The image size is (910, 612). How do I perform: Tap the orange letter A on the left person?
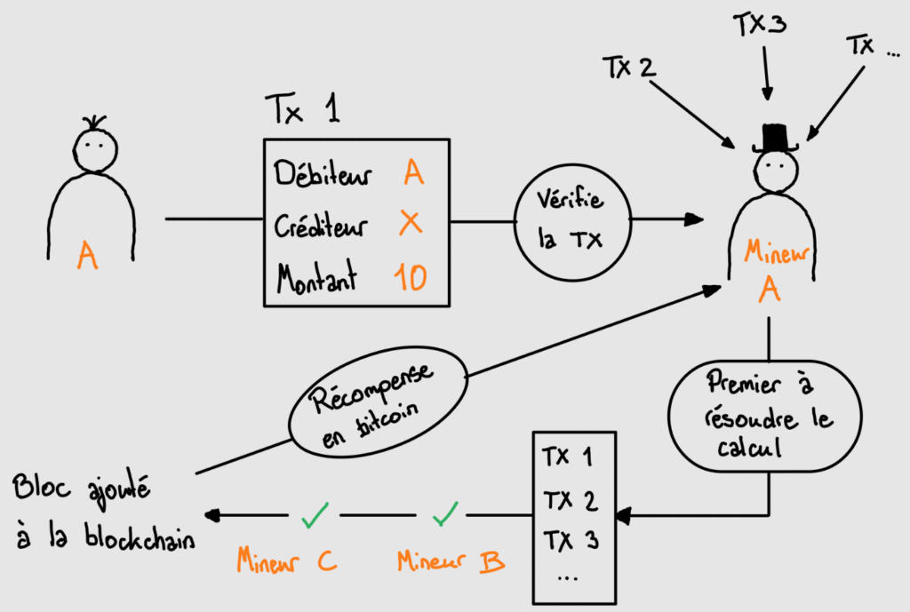(x=87, y=256)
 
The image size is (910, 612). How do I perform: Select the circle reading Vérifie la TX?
(x=572, y=219)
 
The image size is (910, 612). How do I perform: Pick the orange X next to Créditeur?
(x=411, y=225)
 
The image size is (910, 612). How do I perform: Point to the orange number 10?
(x=410, y=279)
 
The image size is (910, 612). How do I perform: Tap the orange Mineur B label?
(x=451, y=560)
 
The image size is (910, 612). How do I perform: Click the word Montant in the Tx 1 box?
(x=316, y=279)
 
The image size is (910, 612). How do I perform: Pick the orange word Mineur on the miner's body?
(x=772, y=254)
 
